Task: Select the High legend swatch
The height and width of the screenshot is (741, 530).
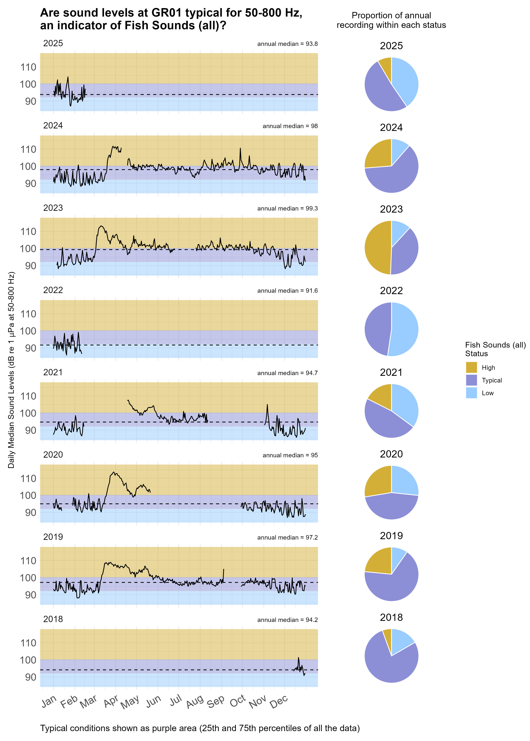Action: pyautogui.click(x=471, y=368)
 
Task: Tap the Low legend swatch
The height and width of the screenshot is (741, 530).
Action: pyautogui.click(x=471, y=393)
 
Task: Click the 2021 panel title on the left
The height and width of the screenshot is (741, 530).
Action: pyautogui.click(x=53, y=372)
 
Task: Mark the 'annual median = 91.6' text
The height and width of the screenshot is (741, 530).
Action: pyautogui.click(x=287, y=291)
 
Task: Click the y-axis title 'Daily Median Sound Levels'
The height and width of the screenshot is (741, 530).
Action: pyautogui.click(x=11, y=370)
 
